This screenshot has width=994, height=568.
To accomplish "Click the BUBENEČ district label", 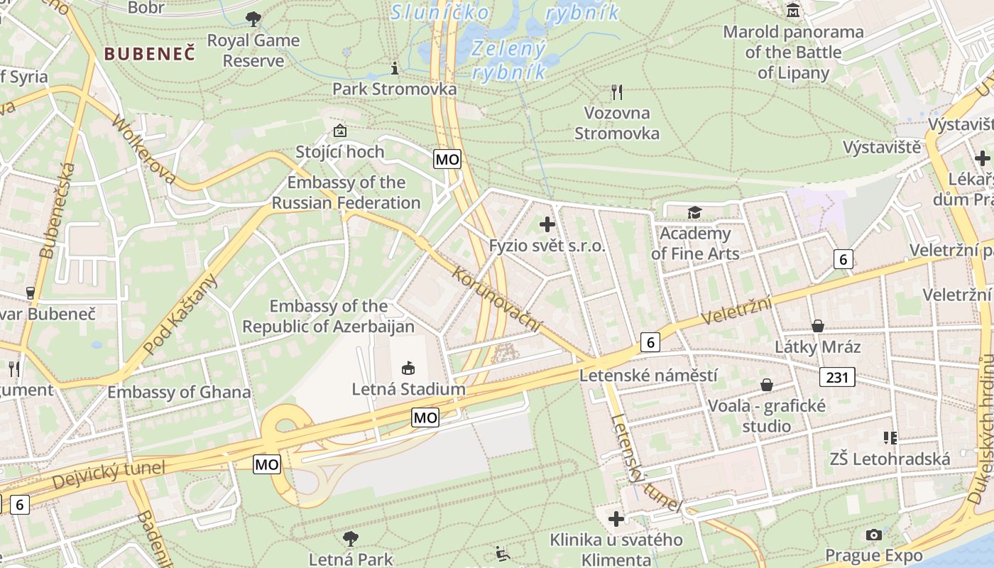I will (x=149, y=53).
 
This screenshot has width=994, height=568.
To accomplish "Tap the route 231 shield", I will (x=837, y=377).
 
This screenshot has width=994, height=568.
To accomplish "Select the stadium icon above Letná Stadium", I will (x=408, y=368).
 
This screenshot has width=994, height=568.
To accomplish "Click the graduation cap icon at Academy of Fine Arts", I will (x=694, y=212).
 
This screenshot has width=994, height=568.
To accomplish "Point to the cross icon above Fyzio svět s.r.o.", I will (x=547, y=225).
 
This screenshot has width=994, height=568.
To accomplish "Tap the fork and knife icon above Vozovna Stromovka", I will (x=617, y=92).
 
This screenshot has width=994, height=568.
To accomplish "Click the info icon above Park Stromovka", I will (x=395, y=68).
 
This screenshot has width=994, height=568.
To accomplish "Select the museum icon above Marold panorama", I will (x=792, y=11).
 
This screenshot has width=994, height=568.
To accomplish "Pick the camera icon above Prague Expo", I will (x=873, y=535).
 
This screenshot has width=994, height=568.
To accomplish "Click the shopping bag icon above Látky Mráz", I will (x=817, y=326).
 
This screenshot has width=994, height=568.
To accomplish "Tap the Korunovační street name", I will (x=496, y=299).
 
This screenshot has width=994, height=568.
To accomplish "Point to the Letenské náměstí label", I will (x=648, y=375).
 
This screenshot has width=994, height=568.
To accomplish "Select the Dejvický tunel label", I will (x=109, y=474).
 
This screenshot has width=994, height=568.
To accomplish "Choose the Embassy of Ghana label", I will (x=179, y=392).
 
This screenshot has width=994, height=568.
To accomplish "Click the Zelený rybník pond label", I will (x=509, y=60).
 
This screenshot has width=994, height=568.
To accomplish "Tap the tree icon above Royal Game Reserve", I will (x=253, y=19).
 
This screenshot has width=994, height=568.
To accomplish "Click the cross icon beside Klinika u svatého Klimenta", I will (x=616, y=519).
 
